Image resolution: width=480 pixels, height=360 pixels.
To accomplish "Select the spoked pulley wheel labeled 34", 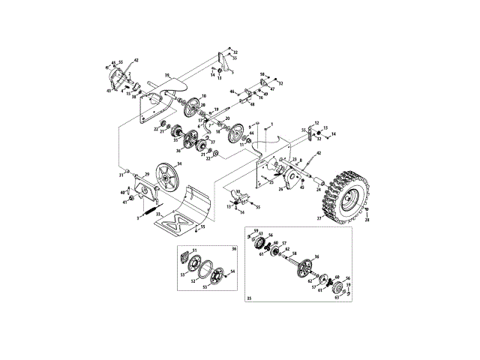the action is tap(169, 181).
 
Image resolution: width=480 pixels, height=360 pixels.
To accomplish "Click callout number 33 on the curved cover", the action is tap(157, 214).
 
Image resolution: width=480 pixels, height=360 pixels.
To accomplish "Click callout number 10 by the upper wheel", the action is tap(203, 96).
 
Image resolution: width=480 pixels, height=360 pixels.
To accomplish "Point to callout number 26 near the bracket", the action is tap(280, 189).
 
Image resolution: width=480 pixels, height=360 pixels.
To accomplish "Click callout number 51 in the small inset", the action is tap(193, 249).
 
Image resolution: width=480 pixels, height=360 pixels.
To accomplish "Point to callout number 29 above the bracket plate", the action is tap(147, 174).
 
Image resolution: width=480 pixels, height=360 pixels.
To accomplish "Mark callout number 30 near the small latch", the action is tap(238, 192).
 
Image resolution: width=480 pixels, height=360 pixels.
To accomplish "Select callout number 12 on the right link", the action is tap(316, 122).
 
